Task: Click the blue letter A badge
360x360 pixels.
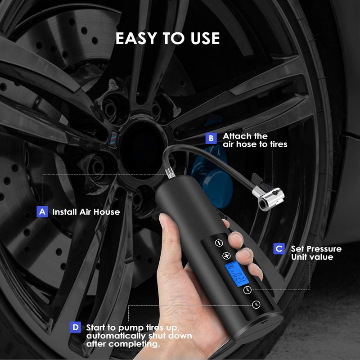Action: pos(42,211)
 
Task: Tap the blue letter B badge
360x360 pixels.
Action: pos(211,138)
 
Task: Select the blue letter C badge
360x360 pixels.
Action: pos(279,249)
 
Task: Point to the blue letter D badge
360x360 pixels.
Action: pos(75,327)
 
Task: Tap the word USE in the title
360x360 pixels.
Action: pos(205,38)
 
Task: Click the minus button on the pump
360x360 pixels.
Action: pos(219,243)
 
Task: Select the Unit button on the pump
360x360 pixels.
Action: pos(247,290)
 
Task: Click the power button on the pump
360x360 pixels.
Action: pos(256,305)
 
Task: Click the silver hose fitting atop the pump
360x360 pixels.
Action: pos(170,173)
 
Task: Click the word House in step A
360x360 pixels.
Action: pos(107,211)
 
